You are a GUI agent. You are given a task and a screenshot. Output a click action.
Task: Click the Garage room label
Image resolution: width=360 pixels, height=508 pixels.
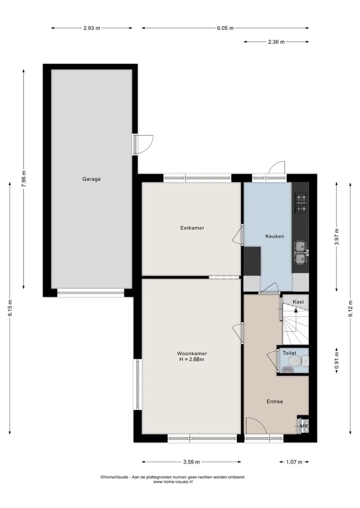point(91,179)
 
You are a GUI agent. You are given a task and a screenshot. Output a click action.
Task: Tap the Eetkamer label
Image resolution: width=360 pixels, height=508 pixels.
point(192,228)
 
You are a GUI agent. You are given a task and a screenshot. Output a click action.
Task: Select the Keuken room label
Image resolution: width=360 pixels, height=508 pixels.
point(274,236)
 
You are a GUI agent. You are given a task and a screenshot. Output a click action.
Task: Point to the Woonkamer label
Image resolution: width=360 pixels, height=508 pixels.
point(192,354)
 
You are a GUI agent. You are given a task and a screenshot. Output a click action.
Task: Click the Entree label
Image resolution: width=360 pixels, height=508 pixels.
point(274,402)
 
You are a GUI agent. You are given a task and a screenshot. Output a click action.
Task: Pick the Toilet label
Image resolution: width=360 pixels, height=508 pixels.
point(289,353)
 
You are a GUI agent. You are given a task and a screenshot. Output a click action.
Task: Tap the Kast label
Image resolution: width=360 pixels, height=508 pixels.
point(298,302)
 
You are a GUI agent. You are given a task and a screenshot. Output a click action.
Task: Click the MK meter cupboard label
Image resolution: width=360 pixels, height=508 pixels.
point(304,426)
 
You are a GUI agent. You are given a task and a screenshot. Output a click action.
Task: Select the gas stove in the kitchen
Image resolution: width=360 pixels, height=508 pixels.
point(301,203)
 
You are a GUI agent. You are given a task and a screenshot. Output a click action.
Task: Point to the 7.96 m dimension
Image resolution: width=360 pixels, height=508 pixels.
point(23,179)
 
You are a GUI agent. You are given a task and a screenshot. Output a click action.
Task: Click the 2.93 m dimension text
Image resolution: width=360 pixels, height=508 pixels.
point(92,28)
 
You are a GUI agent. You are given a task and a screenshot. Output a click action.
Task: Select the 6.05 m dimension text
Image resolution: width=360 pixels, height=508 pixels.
point(225,28)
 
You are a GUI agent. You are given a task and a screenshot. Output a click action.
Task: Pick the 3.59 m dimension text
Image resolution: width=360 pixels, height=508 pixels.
point(191,462)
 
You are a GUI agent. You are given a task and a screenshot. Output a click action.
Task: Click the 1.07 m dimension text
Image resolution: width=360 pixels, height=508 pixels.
point(294,462)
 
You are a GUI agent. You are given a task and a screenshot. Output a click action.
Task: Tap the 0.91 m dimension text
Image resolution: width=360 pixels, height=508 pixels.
point(336,361)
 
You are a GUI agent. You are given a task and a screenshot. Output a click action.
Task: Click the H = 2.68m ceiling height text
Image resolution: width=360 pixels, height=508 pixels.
point(191,359)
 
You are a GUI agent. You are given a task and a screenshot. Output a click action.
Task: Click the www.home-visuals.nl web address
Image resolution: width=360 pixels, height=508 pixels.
point(173,482)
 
